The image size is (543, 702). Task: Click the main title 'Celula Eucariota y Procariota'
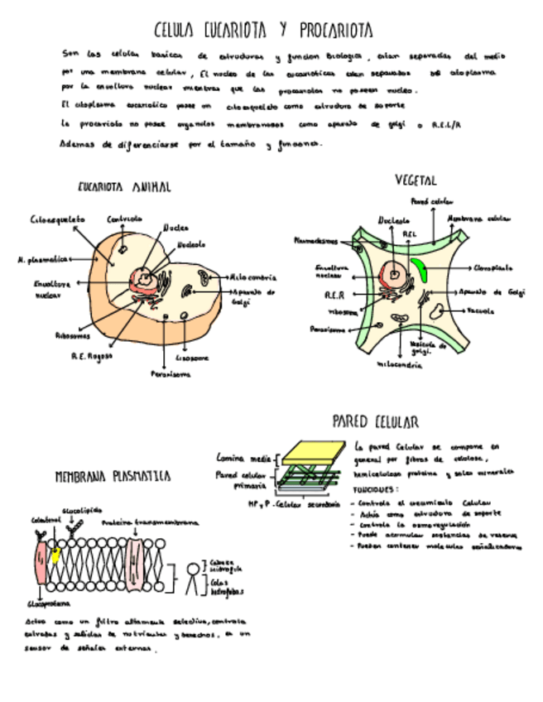[x=263, y=31]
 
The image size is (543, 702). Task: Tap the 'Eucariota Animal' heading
[x=124, y=187]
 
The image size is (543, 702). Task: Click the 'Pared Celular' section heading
[x=375, y=421]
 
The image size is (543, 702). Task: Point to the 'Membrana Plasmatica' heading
[x=113, y=477]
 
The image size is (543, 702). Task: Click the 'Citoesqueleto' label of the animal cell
[x=57, y=219]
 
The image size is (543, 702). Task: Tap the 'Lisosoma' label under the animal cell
[x=192, y=358]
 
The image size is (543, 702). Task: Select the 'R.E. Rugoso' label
[x=91, y=356]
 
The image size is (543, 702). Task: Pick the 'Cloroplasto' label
[x=493, y=268]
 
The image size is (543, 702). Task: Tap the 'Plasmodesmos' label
[x=316, y=241]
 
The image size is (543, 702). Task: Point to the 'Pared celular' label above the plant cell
[x=431, y=201]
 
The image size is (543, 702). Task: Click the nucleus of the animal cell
[x=147, y=281]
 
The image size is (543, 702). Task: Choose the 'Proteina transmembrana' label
[x=150, y=523]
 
